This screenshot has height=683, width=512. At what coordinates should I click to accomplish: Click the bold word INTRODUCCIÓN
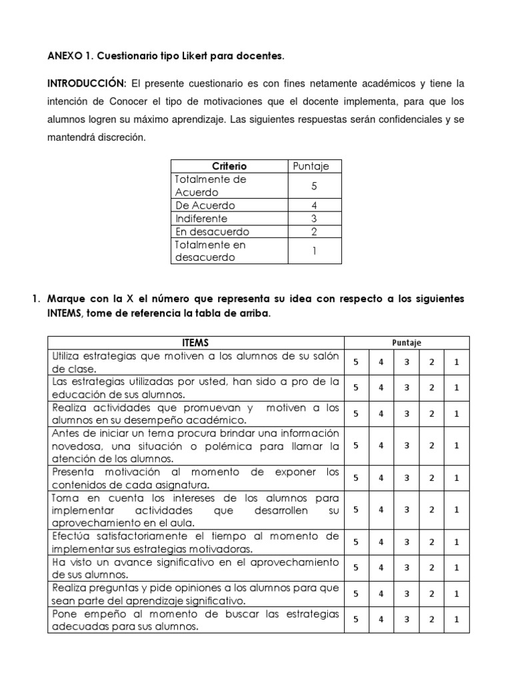pyautogui.click(x=85, y=84)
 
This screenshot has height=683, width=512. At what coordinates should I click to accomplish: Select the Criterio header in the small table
pyautogui.click(x=229, y=166)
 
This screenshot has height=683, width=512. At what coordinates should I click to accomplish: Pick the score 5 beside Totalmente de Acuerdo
pyautogui.click(x=313, y=186)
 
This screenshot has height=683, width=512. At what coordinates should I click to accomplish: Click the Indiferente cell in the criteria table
pyautogui.click(x=201, y=219)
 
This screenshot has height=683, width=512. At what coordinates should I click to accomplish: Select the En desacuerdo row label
pyautogui.click(x=211, y=231)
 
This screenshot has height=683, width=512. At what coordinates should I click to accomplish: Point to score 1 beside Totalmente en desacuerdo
pyautogui.click(x=313, y=251)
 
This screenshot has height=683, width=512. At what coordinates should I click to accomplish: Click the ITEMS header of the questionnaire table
pyautogui.click(x=195, y=343)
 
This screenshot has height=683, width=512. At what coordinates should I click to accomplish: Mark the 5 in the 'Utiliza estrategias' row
pyautogui.click(x=356, y=362)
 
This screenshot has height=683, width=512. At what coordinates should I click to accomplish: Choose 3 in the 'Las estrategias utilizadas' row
pyautogui.click(x=407, y=388)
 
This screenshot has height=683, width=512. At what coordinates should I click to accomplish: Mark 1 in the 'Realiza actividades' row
pyautogui.click(x=457, y=414)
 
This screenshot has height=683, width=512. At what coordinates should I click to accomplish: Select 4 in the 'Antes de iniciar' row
pyautogui.click(x=381, y=446)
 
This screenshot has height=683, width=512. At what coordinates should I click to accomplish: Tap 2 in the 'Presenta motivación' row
pyautogui.click(x=432, y=478)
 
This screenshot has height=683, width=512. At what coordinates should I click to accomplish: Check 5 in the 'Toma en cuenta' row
pyautogui.click(x=356, y=510)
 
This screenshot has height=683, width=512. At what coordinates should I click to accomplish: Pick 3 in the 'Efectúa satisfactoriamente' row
pyautogui.click(x=407, y=542)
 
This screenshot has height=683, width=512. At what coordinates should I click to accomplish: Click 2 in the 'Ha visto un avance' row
pyautogui.click(x=432, y=568)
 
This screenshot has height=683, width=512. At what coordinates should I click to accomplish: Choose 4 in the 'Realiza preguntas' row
pyautogui.click(x=381, y=594)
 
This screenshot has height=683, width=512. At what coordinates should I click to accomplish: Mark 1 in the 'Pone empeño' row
pyautogui.click(x=457, y=620)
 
